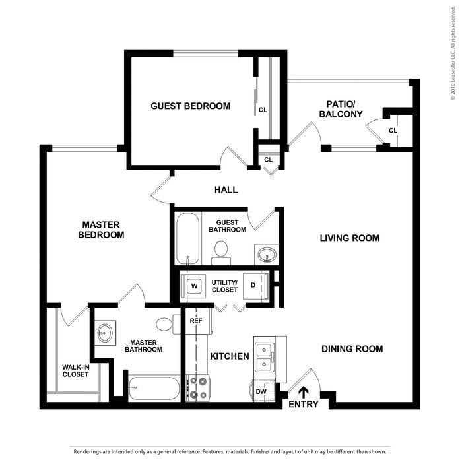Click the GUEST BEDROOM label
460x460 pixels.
pos(190,106)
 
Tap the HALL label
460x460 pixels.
pos(226,190)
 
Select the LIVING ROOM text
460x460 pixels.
pos(349,238)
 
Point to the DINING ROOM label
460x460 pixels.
pos(352,349)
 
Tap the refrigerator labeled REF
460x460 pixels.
pos(196,321)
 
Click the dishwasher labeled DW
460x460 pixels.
pos(262,391)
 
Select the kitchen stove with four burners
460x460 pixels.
pos(197,388)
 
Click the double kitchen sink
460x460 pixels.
pos(265,357)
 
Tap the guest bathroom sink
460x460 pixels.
pos(267,254)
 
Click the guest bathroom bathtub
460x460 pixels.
pos(187,238)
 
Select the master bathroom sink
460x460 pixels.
pos(105,333)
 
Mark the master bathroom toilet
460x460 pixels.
pos(168,324)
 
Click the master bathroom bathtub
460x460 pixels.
pos(154,389)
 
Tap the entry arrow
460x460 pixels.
pos(304,392)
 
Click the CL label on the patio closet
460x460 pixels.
pos(393,131)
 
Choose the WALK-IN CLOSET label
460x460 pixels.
pos(75,370)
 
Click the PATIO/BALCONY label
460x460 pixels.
pos(341,109)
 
